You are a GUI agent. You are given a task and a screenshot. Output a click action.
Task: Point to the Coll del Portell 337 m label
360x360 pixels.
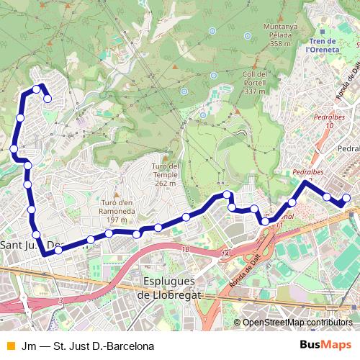(256, 82)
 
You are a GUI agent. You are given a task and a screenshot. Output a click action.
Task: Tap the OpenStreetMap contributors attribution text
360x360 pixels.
(297, 323)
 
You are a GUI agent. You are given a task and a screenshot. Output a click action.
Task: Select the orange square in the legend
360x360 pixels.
(9, 346)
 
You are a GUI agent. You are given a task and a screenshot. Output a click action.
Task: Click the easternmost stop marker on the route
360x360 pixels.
(346, 198)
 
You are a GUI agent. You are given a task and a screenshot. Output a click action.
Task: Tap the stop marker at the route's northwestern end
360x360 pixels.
(48, 99)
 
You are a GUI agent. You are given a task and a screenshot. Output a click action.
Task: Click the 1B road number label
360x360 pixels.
(186, 249)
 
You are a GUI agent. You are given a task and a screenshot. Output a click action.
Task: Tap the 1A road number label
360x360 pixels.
(225, 255)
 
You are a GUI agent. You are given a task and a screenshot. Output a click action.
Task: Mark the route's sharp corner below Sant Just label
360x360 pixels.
(45, 254)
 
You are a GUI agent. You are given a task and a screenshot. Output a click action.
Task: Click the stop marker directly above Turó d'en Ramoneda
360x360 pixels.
(109, 233)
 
